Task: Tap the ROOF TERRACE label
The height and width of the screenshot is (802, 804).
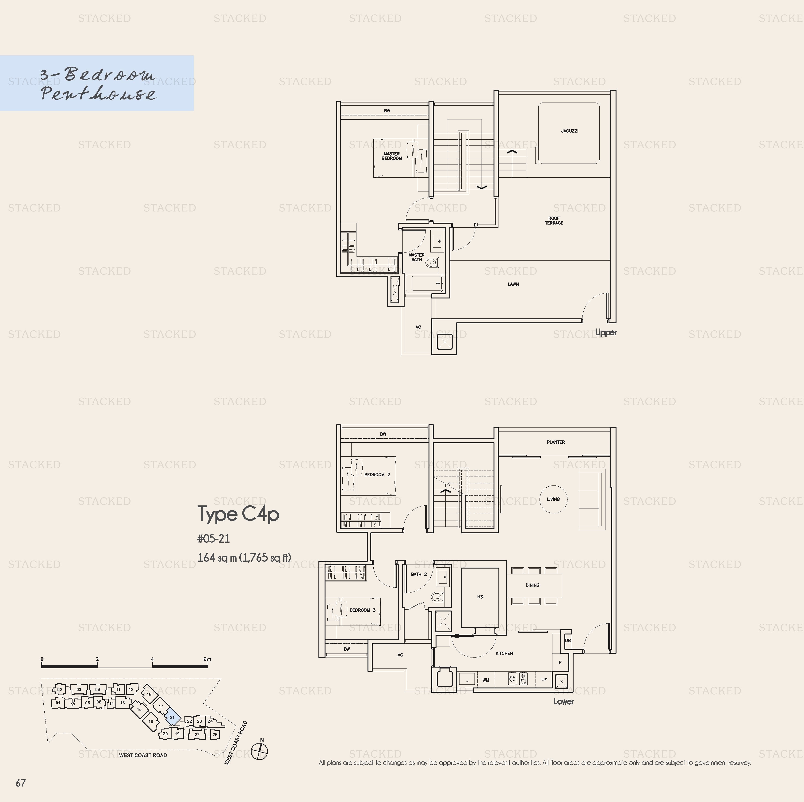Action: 554,221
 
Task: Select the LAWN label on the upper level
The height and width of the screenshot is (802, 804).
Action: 513,284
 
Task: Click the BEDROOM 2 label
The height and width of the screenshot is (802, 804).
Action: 377,474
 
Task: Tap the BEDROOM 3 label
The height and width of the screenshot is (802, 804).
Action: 363,610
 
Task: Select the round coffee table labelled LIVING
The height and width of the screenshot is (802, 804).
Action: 553,499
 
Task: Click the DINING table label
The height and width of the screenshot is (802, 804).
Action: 532,585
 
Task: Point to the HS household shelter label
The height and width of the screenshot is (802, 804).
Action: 480,597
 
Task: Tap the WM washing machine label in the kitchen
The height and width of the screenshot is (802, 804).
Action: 486,680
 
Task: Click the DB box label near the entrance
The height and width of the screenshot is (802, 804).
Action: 568,641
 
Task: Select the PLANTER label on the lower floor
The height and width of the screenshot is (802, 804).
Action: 555,442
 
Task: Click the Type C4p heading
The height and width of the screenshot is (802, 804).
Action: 238,514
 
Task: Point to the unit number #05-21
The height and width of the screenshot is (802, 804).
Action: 214,539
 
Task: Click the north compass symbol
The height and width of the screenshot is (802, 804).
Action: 260,750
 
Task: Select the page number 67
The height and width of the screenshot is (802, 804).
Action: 21,783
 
